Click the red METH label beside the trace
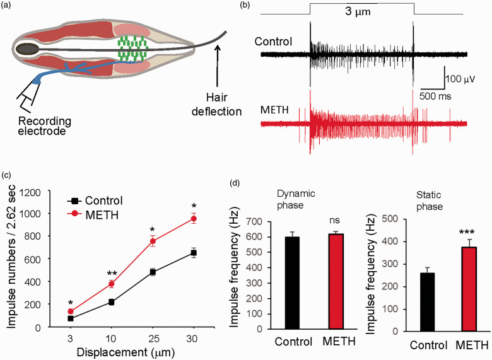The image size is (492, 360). coord(274,111)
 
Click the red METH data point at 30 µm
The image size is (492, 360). coord(194,219)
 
